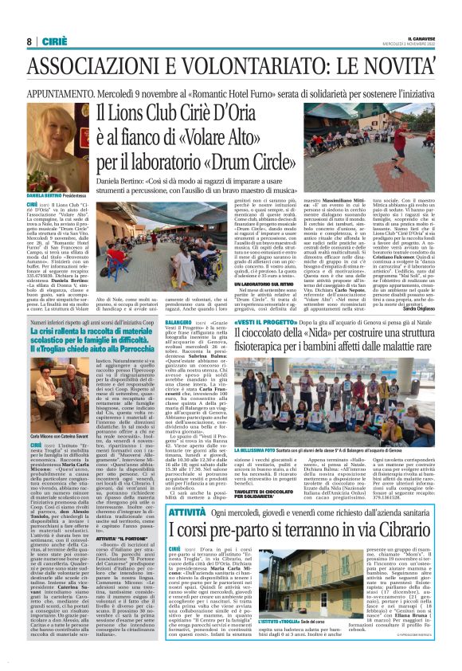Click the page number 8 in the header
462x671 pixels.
pos(29,41)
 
